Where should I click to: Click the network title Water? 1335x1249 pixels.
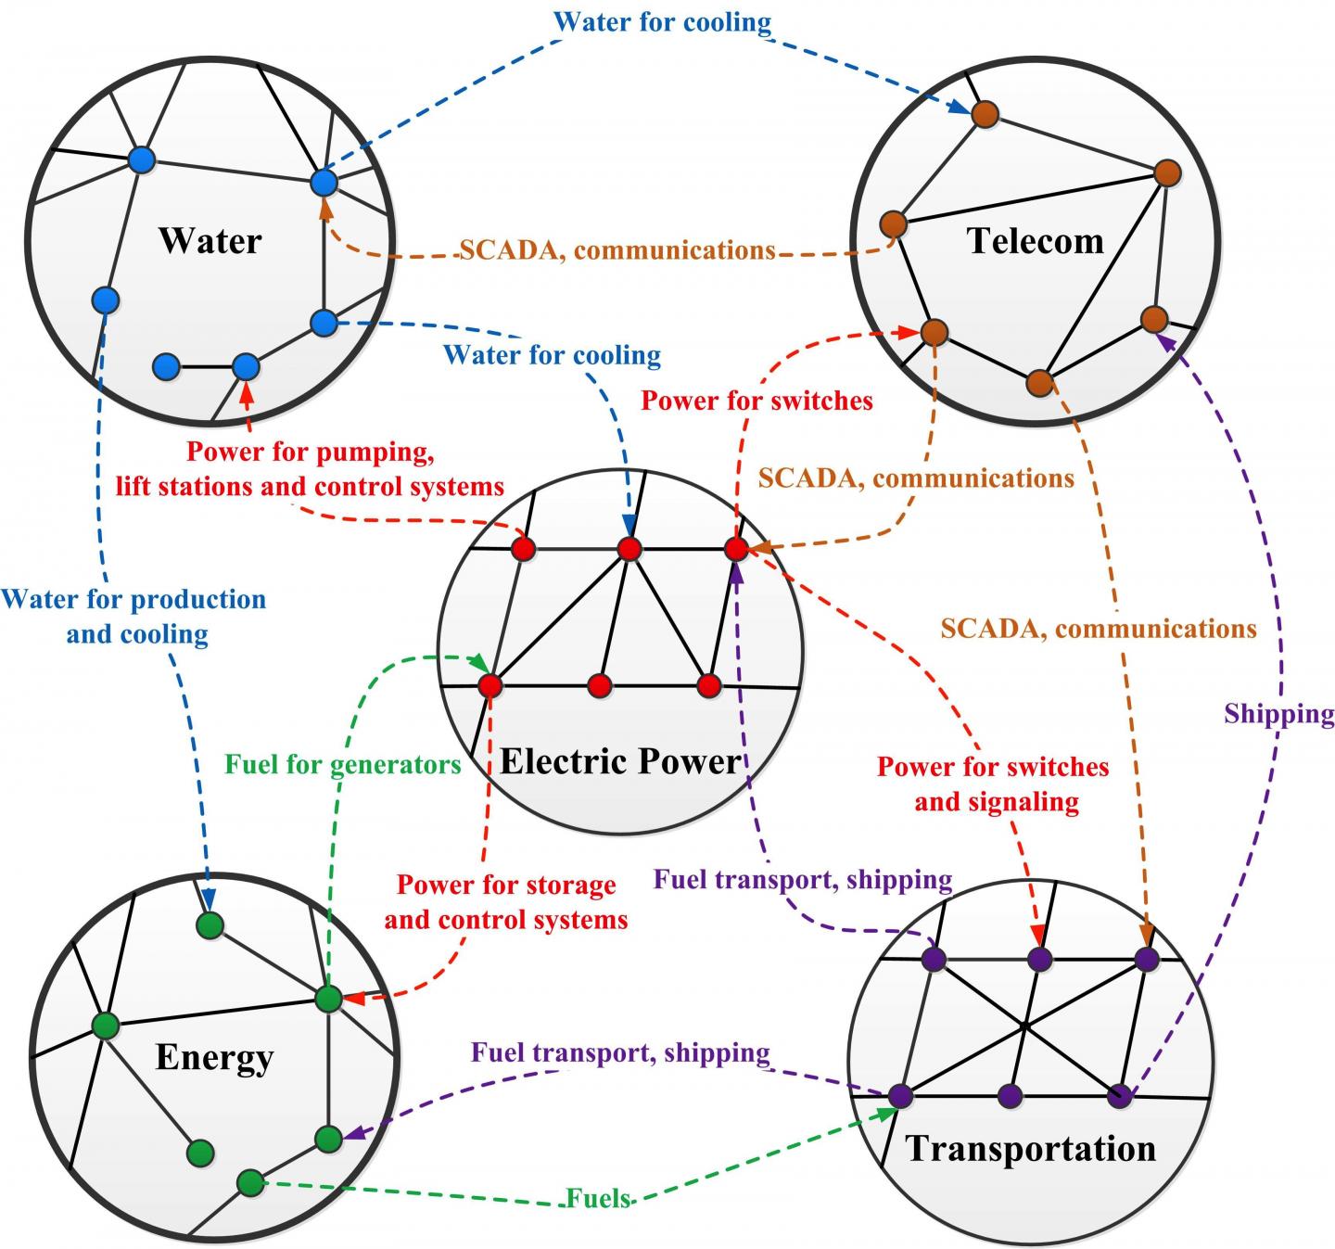[x=210, y=240]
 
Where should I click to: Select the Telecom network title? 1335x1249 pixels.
[x=1036, y=241]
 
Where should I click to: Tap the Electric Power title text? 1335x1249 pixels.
[x=620, y=761]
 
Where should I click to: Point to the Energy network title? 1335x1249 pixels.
[x=214, y=1057]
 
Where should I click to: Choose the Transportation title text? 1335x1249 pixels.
[x=1031, y=1148]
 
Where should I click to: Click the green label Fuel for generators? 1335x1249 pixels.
[x=343, y=764]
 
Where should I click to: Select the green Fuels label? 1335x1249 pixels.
[x=599, y=1198]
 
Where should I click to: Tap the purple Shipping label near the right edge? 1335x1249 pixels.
[x=1278, y=713]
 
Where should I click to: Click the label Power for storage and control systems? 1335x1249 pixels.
[x=506, y=902]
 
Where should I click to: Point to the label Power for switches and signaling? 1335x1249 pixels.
[x=994, y=784]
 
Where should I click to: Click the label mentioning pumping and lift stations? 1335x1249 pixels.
[x=310, y=469]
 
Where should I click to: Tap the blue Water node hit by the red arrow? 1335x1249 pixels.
[x=246, y=367]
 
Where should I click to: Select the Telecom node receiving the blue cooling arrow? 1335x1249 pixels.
[x=985, y=114]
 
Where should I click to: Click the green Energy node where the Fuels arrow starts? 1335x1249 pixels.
[x=250, y=1183]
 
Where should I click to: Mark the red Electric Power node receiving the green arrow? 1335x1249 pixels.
[x=489, y=686]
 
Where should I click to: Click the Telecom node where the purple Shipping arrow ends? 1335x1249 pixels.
[x=1154, y=319]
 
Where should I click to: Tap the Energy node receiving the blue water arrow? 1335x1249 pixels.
[x=210, y=925]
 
